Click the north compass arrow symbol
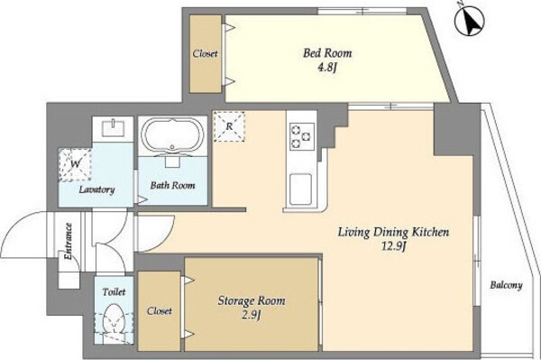(x=469, y=20)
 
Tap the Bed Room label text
(x=327, y=53)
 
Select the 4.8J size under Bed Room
(x=326, y=68)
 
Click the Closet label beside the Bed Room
(x=206, y=53)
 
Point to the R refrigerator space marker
(x=229, y=126)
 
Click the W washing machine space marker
(x=75, y=164)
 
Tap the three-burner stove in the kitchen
(x=302, y=136)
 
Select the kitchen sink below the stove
(x=300, y=189)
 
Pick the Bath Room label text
(x=172, y=185)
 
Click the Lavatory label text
(x=96, y=189)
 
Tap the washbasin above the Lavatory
(x=113, y=128)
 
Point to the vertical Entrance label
(x=68, y=241)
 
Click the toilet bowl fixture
(x=114, y=319)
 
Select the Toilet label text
(x=114, y=292)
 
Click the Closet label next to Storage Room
(x=160, y=311)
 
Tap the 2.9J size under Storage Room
(x=251, y=315)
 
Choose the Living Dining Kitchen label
(x=393, y=232)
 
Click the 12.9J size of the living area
(x=393, y=246)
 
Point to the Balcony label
(x=506, y=285)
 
